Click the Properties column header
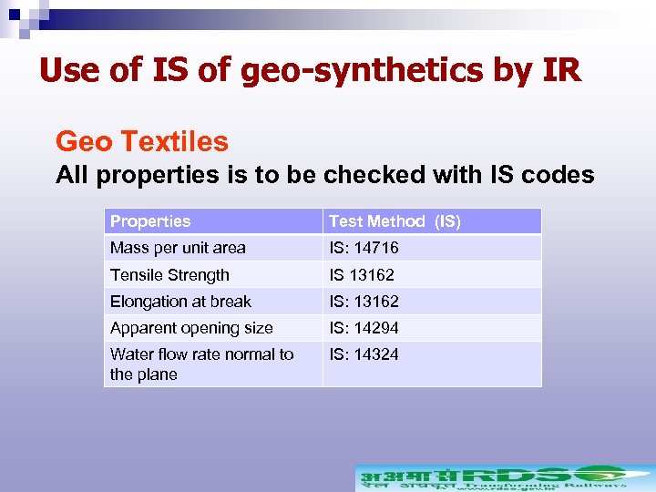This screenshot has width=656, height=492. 150,221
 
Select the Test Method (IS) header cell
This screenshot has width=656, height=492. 395,221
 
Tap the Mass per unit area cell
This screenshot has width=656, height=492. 178,248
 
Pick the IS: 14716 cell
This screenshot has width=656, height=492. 364,248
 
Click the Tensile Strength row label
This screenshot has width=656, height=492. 169,275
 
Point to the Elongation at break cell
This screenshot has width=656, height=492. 180,302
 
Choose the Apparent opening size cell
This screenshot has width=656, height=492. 191,328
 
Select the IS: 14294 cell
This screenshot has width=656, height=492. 364,328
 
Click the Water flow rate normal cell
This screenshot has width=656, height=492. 201,364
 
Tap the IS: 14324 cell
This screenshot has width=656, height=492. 364,354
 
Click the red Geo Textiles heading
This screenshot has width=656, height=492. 142,141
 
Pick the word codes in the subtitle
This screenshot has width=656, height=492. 556,175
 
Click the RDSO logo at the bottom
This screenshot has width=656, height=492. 504,477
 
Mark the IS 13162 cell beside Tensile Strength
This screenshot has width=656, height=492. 362,275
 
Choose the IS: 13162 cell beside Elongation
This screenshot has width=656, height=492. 364,302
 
